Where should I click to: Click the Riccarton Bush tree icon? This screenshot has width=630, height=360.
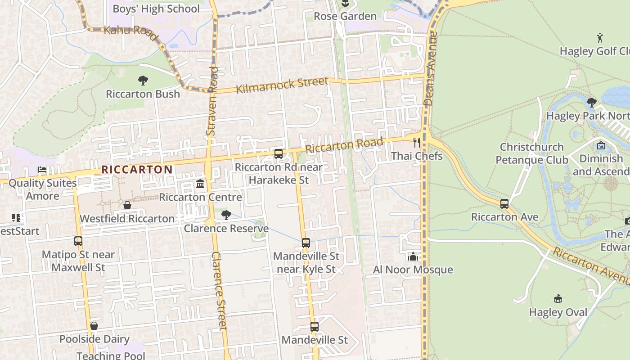point(143,81)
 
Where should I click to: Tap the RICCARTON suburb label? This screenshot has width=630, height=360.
point(137,170)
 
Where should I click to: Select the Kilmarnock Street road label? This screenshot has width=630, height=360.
point(282,85)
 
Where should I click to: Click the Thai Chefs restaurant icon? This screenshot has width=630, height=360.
point(417,143)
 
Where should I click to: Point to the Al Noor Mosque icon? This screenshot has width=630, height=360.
point(413,256)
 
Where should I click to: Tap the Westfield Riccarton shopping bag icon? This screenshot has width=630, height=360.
point(127,206)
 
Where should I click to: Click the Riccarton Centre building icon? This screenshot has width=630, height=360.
point(200,184)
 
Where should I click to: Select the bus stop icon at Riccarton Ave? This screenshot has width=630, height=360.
point(504,204)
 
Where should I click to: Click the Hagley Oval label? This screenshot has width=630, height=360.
point(558,312)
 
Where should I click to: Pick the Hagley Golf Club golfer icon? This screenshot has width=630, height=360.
point(599,38)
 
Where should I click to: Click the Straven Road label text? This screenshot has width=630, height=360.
point(212,101)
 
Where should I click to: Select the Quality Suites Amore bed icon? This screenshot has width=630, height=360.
point(42,170)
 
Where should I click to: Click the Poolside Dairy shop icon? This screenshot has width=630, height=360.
point(94,326)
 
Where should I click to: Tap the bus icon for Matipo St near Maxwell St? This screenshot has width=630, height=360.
point(78,241)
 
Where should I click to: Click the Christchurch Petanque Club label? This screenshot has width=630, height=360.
point(532,153)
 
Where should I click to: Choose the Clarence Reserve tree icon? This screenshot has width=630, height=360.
point(226,215)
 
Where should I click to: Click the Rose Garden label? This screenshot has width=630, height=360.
point(345,16)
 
